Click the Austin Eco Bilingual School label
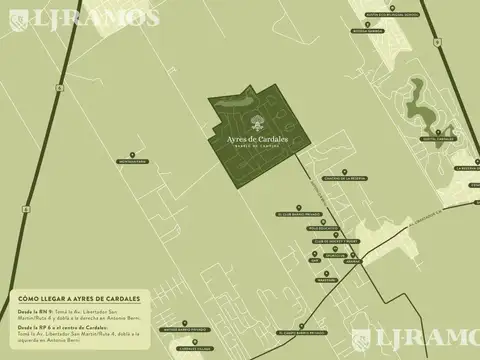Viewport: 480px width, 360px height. (x=365, y=15)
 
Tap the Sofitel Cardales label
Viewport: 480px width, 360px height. (x=439, y=139)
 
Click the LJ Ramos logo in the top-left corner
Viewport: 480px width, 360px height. (x=82, y=17)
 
